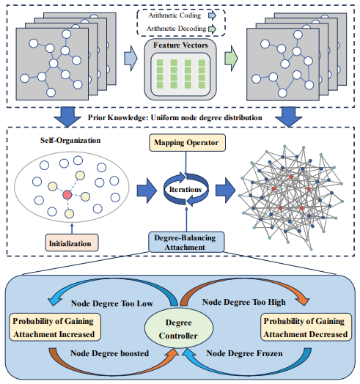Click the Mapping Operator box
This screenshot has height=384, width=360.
click(x=187, y=142)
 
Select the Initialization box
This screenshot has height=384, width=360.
click(x=72, y=243)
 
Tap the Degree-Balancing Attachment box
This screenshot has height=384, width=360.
click(x=186, y=242)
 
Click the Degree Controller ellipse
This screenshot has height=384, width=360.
click(x=179, y=328)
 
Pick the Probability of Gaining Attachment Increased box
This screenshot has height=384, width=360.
click(x=55, y=327)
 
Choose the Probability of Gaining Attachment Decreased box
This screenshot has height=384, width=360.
click(x=306, y=327)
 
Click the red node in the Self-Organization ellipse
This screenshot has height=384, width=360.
click(x=67, y=195)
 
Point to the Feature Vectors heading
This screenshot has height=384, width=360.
click(x=180, y=45)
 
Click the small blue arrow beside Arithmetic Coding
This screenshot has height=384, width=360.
click(x=212, y=15)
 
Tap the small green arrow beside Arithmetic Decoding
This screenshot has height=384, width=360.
click(x=212, y=29)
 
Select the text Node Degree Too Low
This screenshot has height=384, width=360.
click(x=112, y=303)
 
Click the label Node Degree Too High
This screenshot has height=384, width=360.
click(x=244, y=302)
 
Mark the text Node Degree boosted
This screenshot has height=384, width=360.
click(x=109, y=353)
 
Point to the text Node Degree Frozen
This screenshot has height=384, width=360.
click(x=244, y=353)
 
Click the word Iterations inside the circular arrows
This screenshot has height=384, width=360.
click(x=185, y=190)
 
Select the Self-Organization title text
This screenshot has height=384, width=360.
click(x=70, y=140)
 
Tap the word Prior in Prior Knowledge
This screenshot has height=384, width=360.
click(x=97, y=118)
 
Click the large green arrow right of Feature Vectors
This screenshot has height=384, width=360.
click(x=231, y=59)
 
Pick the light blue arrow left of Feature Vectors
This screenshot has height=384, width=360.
click(x=131, y=59)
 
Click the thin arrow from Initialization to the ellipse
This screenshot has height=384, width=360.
click(x=72, y=228)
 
